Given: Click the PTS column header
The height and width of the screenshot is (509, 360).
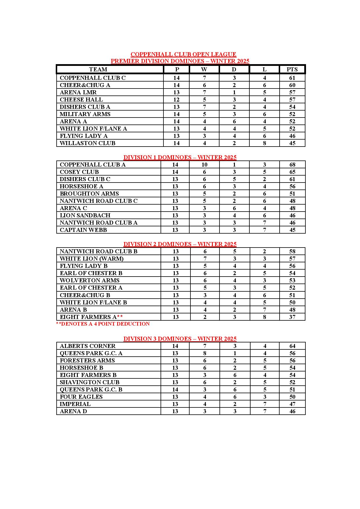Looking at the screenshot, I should click(x=292, y=69).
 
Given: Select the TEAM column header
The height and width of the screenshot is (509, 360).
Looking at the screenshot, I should click(x=98, y=69).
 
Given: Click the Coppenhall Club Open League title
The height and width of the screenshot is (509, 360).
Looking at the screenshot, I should click(x=183, y=54).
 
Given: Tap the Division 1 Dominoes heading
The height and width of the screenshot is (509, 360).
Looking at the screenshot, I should click(x=180, y=157).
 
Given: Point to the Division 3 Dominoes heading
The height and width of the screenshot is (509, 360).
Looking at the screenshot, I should click(x=180, y=339).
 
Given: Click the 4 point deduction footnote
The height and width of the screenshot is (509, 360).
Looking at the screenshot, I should click(x=103, y=324).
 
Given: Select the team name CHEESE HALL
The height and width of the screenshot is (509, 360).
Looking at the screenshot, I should click(x=81, y=100).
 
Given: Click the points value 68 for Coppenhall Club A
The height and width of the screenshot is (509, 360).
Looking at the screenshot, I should click(x=292, y=165).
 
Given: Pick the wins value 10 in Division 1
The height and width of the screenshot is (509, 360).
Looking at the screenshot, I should click(x=204, y=165).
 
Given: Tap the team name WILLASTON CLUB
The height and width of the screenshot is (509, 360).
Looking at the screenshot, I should click(x=87, y=143).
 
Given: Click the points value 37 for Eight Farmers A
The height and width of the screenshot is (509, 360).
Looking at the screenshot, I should click(x=292, y=317).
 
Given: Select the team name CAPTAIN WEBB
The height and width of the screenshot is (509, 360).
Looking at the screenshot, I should click(x=83, y=230).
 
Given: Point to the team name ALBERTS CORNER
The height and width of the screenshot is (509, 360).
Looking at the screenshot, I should click(x=87, y=346).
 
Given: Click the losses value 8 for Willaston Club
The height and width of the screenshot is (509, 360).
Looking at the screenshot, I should click(x=264, y=143).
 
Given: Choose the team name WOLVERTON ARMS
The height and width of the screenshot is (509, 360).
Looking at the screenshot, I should click(x=89, y=280).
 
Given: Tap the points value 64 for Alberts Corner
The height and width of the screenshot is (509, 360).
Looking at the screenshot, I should click(x=292, y=346).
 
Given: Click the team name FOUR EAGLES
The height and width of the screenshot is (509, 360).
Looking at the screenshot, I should click(x=81, y=397).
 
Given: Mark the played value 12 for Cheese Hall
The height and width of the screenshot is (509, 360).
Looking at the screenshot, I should click(x=176, y=100).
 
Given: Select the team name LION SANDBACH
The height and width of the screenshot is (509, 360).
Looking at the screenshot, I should click(x=85, y=215).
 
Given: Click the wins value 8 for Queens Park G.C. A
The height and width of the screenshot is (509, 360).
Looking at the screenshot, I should click(x=205, y=353).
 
